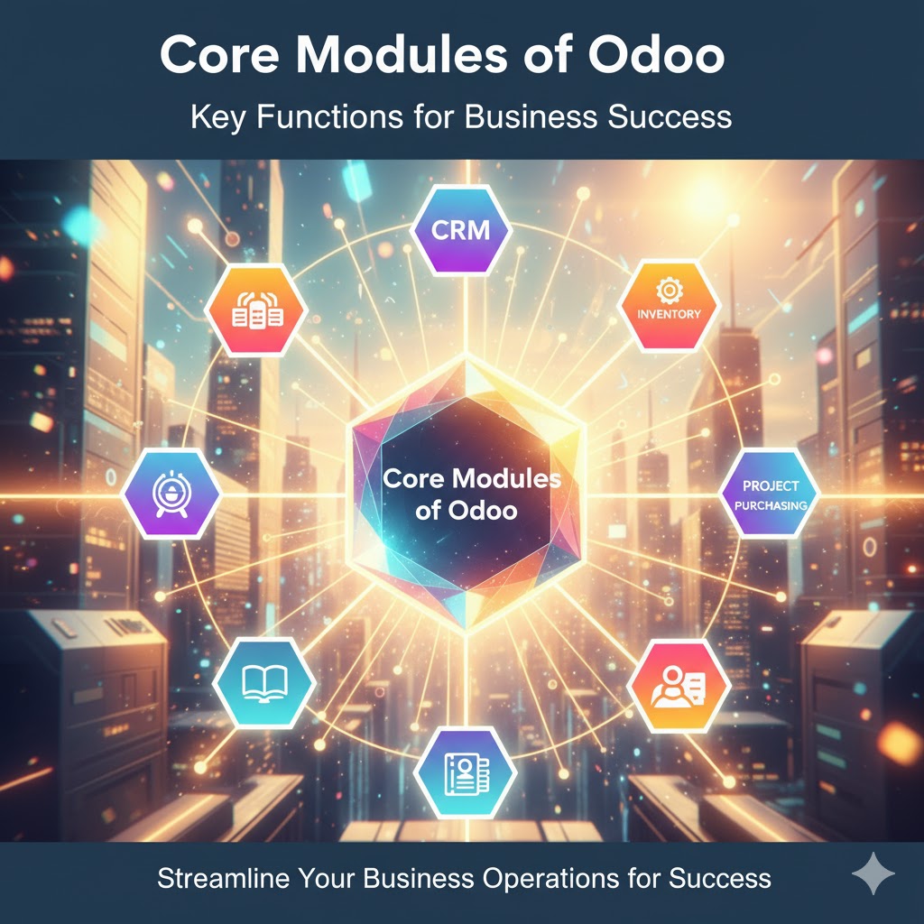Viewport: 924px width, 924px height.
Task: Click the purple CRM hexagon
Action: coord(461,228)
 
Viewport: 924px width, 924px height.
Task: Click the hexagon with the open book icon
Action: coord(264,681)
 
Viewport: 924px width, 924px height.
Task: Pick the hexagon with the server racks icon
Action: coord(257,310)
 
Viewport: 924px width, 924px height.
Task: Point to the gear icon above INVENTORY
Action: coord(669,289)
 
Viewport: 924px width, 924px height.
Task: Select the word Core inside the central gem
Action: coord(415,478)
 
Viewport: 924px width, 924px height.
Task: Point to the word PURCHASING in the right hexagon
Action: coord(771,505)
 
